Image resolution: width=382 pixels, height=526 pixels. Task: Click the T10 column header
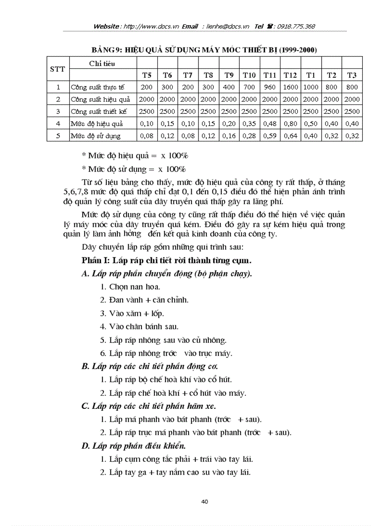coord(249,75)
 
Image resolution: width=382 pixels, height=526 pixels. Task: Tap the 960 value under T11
coord(270,87)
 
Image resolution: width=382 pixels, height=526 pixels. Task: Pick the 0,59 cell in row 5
coord(270,136)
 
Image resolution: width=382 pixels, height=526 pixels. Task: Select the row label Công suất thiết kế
coord(101,111)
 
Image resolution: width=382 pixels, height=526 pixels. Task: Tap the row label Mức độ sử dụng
coord(95,136)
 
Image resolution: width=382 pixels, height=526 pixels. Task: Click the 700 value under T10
coord(249,87)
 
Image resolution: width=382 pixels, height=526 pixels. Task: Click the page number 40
coord(205,502)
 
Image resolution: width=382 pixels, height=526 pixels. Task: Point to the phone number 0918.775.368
coord(297,26)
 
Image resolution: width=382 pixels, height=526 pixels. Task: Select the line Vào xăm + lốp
coord(132,313)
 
